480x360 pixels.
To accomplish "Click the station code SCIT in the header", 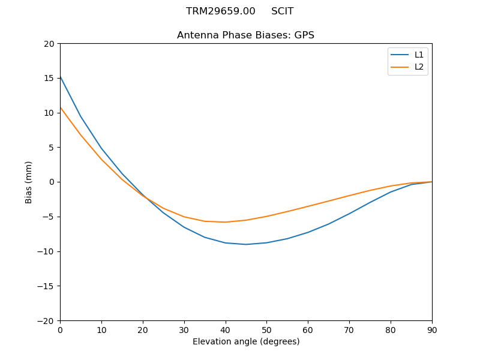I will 282,11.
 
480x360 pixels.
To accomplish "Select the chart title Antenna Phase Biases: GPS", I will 245,35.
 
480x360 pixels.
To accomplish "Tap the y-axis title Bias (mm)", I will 29,182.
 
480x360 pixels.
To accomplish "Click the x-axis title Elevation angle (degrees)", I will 246,341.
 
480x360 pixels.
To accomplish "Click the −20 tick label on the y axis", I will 46,320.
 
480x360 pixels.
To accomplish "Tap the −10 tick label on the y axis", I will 46,251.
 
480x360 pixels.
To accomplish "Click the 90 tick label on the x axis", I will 432,329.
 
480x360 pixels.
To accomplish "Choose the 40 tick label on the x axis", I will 225,329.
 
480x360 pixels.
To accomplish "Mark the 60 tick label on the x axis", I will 308,329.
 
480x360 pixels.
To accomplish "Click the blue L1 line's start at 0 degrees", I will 61,76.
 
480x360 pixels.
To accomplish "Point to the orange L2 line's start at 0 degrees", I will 61,107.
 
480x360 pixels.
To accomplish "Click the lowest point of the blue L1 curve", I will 246,244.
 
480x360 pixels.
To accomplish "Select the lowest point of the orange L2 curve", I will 225,222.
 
